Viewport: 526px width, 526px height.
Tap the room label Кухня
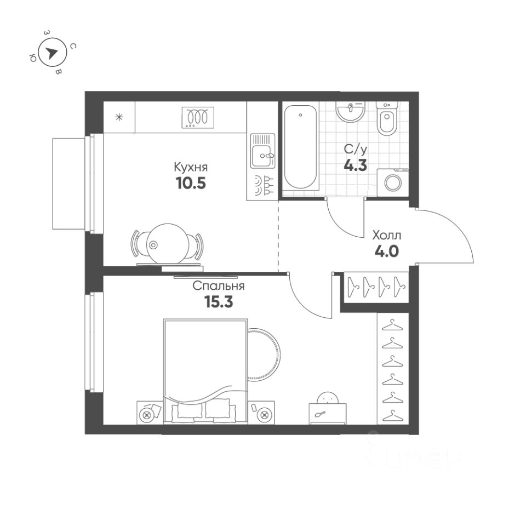(191, 167)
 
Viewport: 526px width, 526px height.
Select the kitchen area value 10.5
(191, 184)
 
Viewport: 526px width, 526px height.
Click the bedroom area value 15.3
(218, 302)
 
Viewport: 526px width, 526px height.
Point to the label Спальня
(218, 286)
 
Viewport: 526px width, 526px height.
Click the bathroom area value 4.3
(355, 165)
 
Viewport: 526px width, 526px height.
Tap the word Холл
(387, 236)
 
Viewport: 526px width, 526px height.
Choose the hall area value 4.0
(387, 252)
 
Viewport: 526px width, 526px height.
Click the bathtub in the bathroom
(300, 148)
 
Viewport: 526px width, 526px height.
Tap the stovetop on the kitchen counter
(197, 117)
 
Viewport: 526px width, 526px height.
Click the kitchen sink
(262, 151)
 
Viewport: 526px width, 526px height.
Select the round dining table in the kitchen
(167, 243)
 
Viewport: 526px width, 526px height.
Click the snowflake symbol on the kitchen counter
(119, 117)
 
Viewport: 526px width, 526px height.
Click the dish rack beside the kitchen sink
(262, 185)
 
